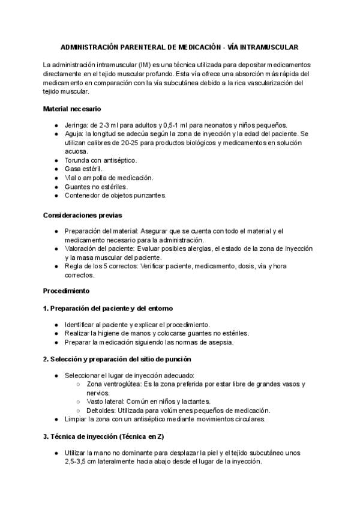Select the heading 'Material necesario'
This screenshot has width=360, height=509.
(x=72, y=109)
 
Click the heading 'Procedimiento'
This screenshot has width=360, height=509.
(x=66, y=291)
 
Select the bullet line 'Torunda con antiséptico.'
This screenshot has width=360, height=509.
(x=101, y=160)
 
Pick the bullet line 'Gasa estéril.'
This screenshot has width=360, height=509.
(x=84, y=169)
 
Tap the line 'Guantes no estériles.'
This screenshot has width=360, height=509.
(x=96, y=187)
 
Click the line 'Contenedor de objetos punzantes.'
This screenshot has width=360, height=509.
(x=115, y=195)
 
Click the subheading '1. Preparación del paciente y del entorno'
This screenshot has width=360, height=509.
(x=108, y=308)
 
